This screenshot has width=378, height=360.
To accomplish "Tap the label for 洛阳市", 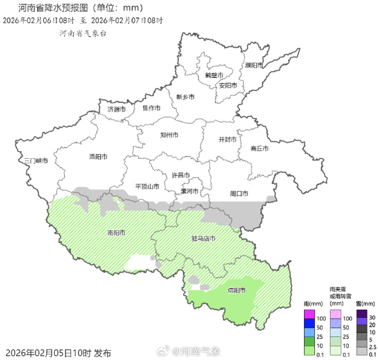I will [98, 157].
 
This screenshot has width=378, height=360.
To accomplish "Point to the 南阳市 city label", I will [116, 232].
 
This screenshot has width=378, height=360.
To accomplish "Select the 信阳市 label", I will [237, 290].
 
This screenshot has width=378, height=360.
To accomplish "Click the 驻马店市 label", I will [203, 238].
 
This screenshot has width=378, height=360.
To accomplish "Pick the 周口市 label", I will [239, 193].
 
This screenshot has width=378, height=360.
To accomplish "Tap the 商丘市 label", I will [260, 148].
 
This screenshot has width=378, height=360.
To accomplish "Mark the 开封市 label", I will [227, 139].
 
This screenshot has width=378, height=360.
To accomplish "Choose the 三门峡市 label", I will [36, 161].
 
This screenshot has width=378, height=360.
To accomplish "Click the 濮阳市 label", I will [254, 65].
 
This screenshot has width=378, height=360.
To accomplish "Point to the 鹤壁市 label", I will [214, 75].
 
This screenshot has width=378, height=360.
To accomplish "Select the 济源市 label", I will [117, 109].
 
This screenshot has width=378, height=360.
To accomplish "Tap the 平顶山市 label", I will [147, 186].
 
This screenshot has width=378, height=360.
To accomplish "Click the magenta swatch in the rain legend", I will [310, 314].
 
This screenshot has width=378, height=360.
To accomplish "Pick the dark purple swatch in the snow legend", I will [362, 313].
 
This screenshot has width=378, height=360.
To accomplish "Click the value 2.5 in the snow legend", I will [373, 347].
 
